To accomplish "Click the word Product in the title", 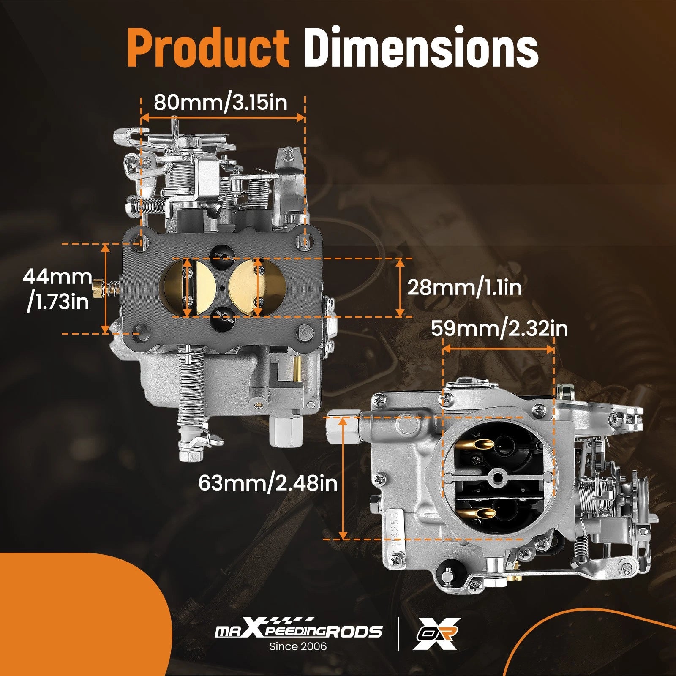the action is coord(208,47).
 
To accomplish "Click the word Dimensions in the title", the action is coord(421,47).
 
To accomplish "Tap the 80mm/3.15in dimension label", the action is coord(221,102).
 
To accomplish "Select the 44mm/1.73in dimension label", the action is coord(57,289).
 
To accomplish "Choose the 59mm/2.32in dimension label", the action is coord(499,328).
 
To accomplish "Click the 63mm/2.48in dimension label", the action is coord(268,482).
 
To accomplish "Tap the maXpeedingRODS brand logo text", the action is coord(299,631).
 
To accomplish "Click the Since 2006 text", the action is coord(298,646).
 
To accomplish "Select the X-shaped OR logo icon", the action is coord(436,633).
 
